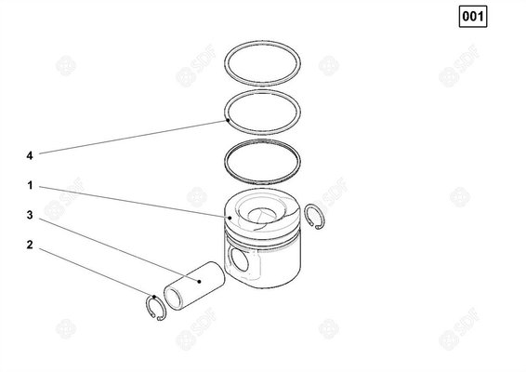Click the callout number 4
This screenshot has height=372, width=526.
point(30,154)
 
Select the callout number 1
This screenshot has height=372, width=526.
point(30,185)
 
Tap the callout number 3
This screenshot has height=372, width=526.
point(30,215)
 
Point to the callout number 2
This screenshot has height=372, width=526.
point(30,246)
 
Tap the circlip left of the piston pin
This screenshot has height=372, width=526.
point(155,308)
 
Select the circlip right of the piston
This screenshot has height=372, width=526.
point(310,214)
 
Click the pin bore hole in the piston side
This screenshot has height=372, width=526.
point(240,260)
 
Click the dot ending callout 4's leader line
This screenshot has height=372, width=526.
point(226,120)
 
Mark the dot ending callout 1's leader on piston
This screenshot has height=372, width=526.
point(228,217)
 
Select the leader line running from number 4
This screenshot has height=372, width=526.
point(130,137)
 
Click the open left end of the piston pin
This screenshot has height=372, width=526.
point(172,299)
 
